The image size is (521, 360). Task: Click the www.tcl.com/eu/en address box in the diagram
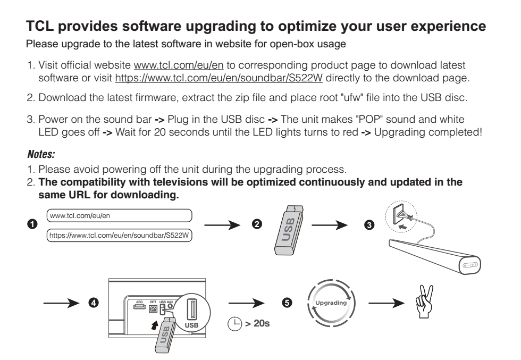coord(119,215)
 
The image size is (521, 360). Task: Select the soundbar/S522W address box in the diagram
coord(119,235)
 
